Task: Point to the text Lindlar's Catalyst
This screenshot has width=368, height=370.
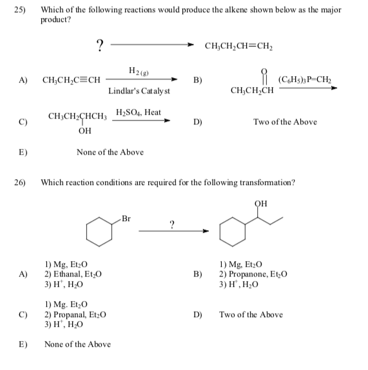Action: coord(139,91)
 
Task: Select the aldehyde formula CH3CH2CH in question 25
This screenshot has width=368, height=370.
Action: coord(251,90)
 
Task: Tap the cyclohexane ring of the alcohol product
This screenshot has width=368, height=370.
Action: coord(233,233)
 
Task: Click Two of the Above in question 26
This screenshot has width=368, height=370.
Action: coord(250,315)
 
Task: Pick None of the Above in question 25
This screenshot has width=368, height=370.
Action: coord(110,152)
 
